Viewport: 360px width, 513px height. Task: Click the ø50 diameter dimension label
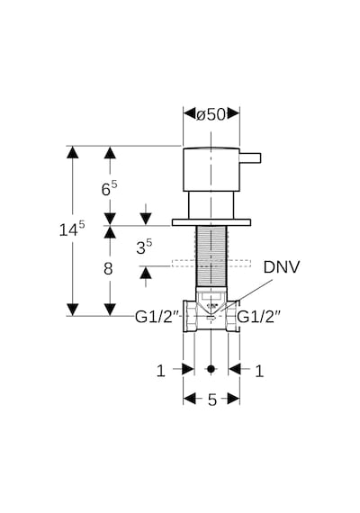(211, 114)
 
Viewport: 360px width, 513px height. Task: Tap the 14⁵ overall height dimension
(72, 229)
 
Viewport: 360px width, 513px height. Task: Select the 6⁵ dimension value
(109, 188)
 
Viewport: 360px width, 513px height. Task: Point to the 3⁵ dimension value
(144, 247)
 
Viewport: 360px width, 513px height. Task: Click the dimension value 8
(108, 269)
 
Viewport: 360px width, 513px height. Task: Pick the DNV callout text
(282, 267)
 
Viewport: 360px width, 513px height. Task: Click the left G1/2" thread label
(157, 317)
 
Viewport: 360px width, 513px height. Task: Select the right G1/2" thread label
(259, 317)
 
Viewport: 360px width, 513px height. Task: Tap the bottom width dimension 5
(212, 400)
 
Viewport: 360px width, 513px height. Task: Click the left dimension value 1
(161, 371)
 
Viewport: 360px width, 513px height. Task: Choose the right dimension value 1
(259, 371)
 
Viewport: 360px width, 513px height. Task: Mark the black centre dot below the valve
(211, 369)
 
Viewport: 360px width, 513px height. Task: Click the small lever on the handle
(250, 157)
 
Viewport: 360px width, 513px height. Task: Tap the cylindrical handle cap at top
(211, 169)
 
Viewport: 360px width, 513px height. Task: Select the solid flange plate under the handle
(211, 222)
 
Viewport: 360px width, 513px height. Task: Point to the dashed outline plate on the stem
(211, 263)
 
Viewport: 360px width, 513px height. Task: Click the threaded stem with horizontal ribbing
(211, 256)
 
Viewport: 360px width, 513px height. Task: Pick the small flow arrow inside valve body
(211, 318)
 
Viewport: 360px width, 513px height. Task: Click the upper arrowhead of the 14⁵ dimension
(72, 152)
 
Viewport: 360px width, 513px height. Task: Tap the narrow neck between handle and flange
(211, 205)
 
